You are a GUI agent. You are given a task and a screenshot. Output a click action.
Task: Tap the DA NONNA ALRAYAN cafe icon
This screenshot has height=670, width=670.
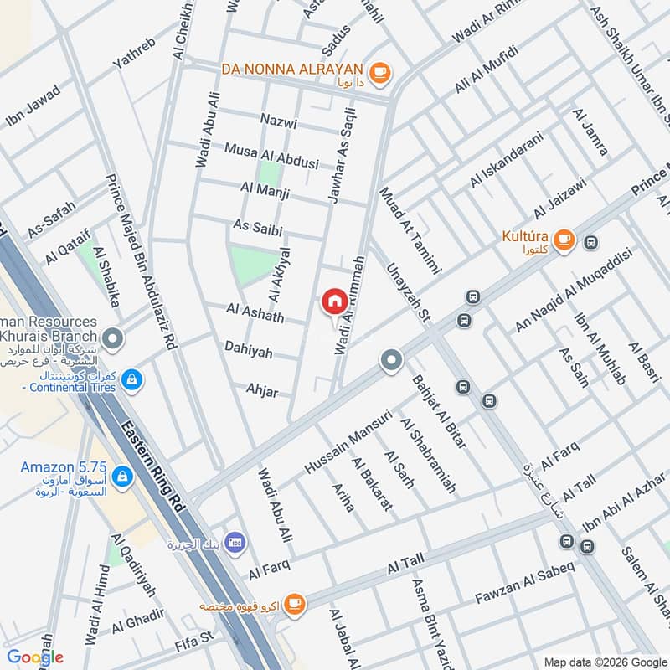click(379, 73)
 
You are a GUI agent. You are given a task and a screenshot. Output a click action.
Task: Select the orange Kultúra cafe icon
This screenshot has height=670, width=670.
click(564, 240)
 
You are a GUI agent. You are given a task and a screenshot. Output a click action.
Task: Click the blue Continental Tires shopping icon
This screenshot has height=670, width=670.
click(130, 381)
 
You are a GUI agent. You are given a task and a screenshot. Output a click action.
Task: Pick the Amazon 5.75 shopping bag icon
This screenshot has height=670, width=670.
click(122, 477)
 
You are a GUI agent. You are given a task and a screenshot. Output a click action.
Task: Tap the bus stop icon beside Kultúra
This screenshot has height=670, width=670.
click(592, 242)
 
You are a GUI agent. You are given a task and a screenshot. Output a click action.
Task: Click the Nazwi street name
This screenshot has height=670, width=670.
click(279, 122)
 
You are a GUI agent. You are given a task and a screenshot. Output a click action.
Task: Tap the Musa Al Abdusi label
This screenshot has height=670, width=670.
click(271, 155)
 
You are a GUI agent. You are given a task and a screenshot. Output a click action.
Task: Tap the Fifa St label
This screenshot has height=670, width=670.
click(195, 645)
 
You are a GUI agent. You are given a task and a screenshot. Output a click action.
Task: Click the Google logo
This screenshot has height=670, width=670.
click(35, 657)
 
